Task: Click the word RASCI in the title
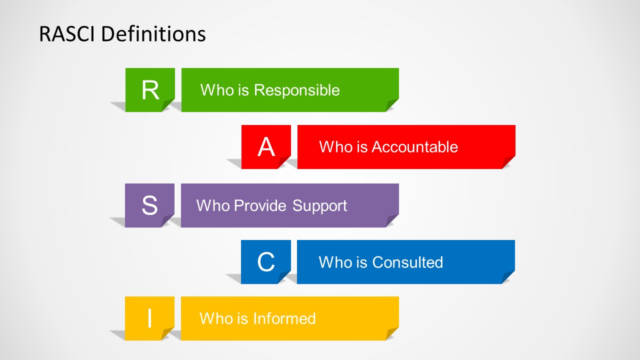pyautogui.click(x=67, y=34)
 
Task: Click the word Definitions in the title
pyautogui.click(x=153, y=34)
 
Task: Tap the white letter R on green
pyautogui.click(x=150, y=90)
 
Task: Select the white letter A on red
pyautogui.click(x=266, y=146)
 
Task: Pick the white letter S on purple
pyautogui.click(x=149, y=205)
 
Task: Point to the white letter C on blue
pyautogui.click(x=266, y=261)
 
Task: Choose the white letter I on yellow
pyautogui.click(x=149, y=318)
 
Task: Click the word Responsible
pyautogui.click(x=297, y=91)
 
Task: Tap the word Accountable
pyautogui.click(x=414, y=147)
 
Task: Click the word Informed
pyautogui.click(x=284, y=318)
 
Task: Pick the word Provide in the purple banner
pyautogui.click(x=260, y=205)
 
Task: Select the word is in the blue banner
pyautogui.click(x=361, y=262)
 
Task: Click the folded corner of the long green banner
pyautogui.click(x=392, y=105)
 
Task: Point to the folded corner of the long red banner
pyautogui.click(x=509, y=162)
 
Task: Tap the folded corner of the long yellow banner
pyautogui.click(x=392, y=333)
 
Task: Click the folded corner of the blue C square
pyautogui.click(x=284, y=277)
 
